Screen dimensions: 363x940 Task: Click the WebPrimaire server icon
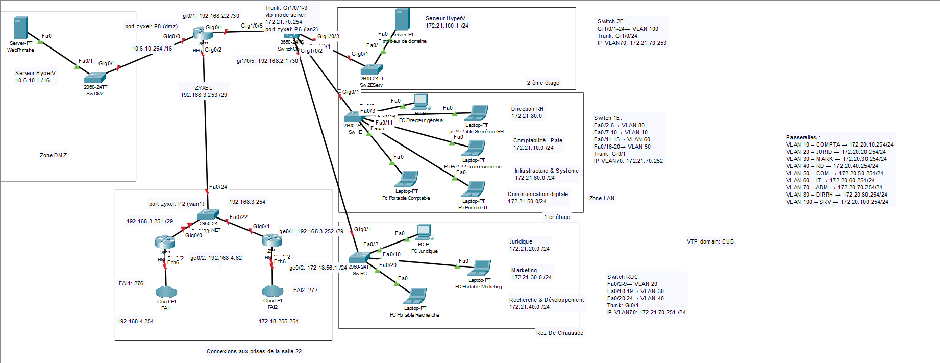[20, 28]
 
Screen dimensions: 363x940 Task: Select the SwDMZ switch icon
[95, 78]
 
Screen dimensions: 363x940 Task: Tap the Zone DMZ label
[53, 155]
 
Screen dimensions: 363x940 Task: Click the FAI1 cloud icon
[166, 292]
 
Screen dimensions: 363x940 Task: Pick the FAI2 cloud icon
[273, 291]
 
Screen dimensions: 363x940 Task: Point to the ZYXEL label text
[204, 88]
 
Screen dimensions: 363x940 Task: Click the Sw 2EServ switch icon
[372, 69]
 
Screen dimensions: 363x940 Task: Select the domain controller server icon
[402, 19]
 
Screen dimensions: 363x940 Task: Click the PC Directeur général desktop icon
[421, 102]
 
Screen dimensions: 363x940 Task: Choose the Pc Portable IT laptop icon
[474, 189]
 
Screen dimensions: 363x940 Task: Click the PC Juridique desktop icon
[424, 232]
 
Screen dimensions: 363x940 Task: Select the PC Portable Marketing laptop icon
[479, 268]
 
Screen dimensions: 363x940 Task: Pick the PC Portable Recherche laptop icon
[415, 296]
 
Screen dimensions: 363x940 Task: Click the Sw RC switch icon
[359, 258]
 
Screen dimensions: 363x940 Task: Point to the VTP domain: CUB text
[710, 241]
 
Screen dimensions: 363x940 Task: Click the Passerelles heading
[803, 137]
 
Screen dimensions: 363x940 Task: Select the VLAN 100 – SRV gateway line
[837, 202]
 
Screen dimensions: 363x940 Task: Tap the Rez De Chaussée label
[559, 333]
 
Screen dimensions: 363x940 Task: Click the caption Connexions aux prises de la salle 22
[254, 351]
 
